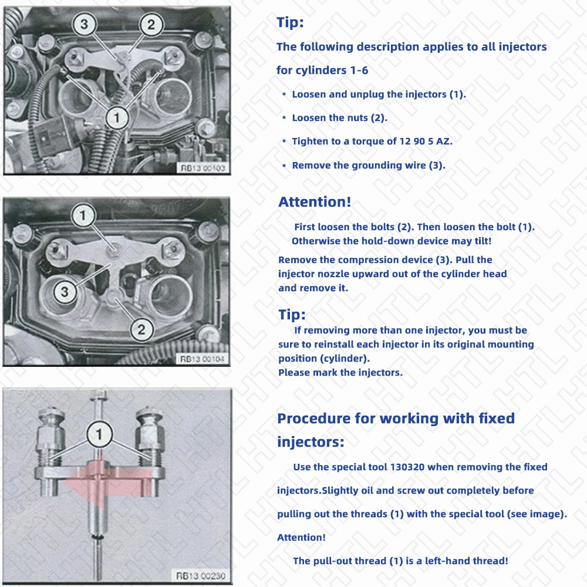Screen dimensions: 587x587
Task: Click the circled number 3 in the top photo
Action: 85,24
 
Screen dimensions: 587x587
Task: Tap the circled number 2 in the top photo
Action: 151,24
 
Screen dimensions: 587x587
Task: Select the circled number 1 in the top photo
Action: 117,118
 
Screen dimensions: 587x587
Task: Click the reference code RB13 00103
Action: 203,168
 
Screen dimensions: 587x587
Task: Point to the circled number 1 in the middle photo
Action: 83,216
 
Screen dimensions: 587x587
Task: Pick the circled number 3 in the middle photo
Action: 65,291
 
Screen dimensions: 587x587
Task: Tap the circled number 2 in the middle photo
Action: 141,329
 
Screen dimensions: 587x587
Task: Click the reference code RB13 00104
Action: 203,359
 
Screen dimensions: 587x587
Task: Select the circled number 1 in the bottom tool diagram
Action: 99,435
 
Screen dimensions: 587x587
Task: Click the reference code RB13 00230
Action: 200,576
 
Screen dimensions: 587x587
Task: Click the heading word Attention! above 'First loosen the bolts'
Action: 315,202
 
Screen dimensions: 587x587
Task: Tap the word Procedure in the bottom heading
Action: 311,419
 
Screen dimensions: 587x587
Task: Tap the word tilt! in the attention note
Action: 480,241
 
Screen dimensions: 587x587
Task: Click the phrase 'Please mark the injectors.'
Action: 340,372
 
